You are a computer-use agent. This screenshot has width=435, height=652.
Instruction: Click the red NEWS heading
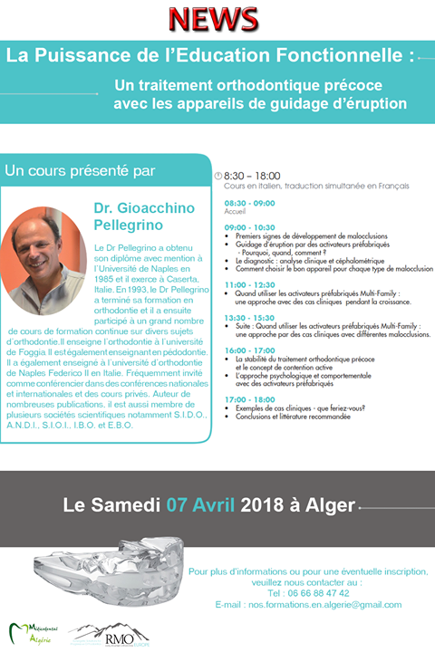pos(217,18)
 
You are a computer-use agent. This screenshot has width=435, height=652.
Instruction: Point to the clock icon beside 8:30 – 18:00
pos(217,176)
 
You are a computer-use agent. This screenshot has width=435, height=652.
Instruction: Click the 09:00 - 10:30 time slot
pos(249,226)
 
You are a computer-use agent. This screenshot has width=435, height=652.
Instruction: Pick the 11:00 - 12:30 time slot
pos(249,284)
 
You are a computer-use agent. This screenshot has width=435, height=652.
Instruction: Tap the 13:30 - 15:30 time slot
pos(249,317)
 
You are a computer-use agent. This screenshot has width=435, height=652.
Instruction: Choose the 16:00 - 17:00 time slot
pos(249,350)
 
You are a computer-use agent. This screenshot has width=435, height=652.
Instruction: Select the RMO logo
pos(114,633)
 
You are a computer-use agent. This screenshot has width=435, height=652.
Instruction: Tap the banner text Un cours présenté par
pos(80,169)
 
